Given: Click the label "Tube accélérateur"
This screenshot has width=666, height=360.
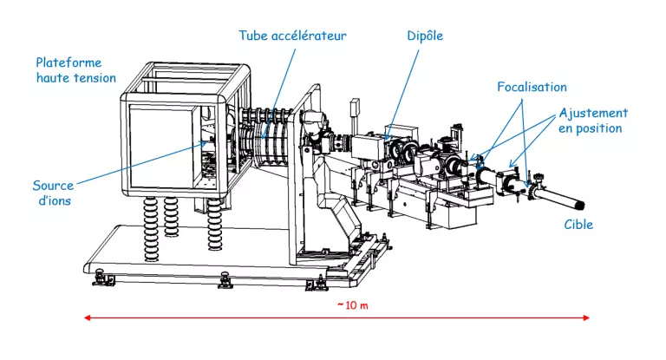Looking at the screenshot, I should (292, 36).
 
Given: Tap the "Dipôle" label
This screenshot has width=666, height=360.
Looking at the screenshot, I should (425, 36).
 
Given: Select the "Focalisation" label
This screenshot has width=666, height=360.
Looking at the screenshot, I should (532, 87).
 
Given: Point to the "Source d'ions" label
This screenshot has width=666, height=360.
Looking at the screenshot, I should (53, 193).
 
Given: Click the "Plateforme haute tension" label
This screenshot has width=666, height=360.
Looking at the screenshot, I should (75, 70).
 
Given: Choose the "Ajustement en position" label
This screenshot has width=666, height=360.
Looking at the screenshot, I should (593, 121).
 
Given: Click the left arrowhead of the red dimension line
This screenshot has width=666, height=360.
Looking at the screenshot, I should (87, 318).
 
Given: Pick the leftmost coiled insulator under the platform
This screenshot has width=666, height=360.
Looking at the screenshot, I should (151, 227).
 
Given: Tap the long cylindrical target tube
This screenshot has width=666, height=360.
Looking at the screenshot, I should (558, 196).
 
